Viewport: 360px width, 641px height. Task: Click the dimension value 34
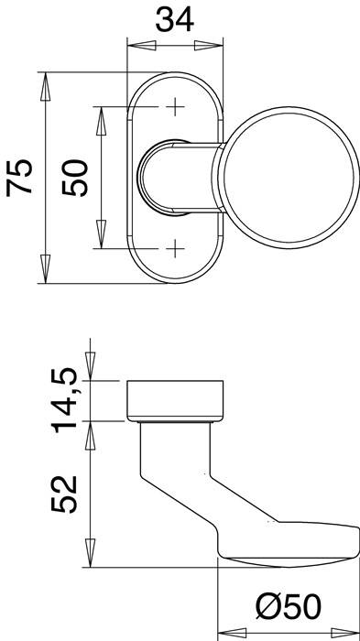pos(175,20)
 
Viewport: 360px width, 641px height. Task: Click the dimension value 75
pos(20,177)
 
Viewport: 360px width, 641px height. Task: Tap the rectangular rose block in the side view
pos(174,399)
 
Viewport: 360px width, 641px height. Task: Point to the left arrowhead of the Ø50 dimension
pos(225,631)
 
